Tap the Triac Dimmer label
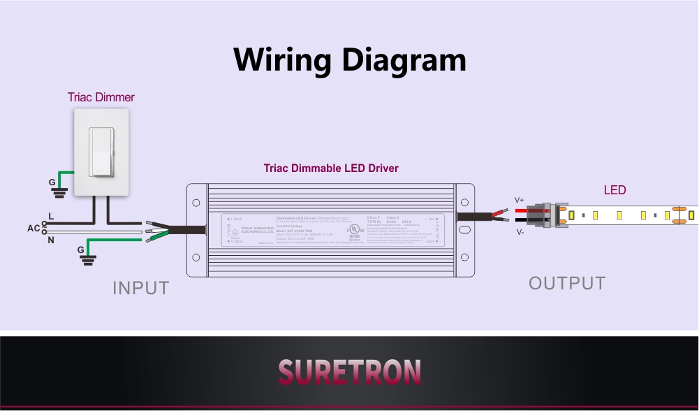[101, 97]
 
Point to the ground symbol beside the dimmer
[61, 187]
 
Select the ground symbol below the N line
[89, 258]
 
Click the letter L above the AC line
[51, 217]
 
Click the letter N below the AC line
[50, 240]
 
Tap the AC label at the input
[34, 229]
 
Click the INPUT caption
[141, 287]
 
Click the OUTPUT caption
[567, 283]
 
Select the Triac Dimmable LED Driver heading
[331, 168]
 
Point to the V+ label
[520, 200]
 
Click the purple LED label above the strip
[615, 190]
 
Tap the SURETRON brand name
[349, 372]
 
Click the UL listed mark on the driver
[355, 230]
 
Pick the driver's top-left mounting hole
[196, 203]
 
